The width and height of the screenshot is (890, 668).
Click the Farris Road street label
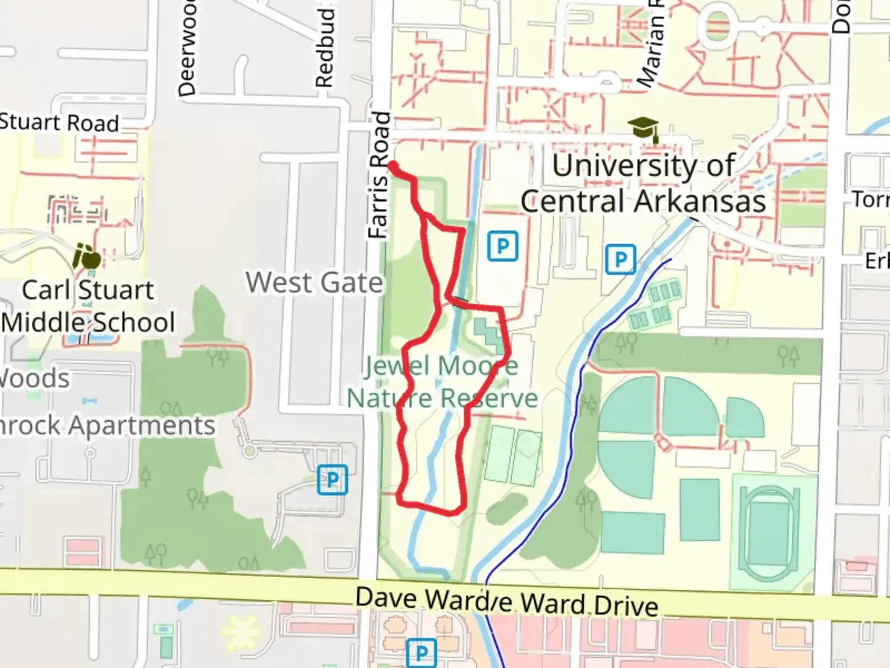pyautogui.click(x=379, y=175)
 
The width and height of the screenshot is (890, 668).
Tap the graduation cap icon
pyautogui.click(x=643, y=129)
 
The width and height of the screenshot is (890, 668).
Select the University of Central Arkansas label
pyautogui.click(x=643, y=183)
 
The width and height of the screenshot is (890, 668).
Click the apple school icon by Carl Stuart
pyautogui.click(x=87, y=257)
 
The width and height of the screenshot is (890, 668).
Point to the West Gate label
pyautogui.click(x=315, y=283)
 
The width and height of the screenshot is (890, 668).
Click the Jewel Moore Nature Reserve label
pyautogui.click(x=441, y=382)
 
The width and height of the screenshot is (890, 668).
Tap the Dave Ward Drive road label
pyautogui.click(x=507, y=601)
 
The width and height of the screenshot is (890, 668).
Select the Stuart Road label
pyautogui.click(x=59, y=122)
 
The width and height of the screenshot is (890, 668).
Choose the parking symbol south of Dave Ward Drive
pyautogui.click(x=422, y=653)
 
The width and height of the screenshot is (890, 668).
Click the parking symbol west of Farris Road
pyautogui.click(x=333, y=480)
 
